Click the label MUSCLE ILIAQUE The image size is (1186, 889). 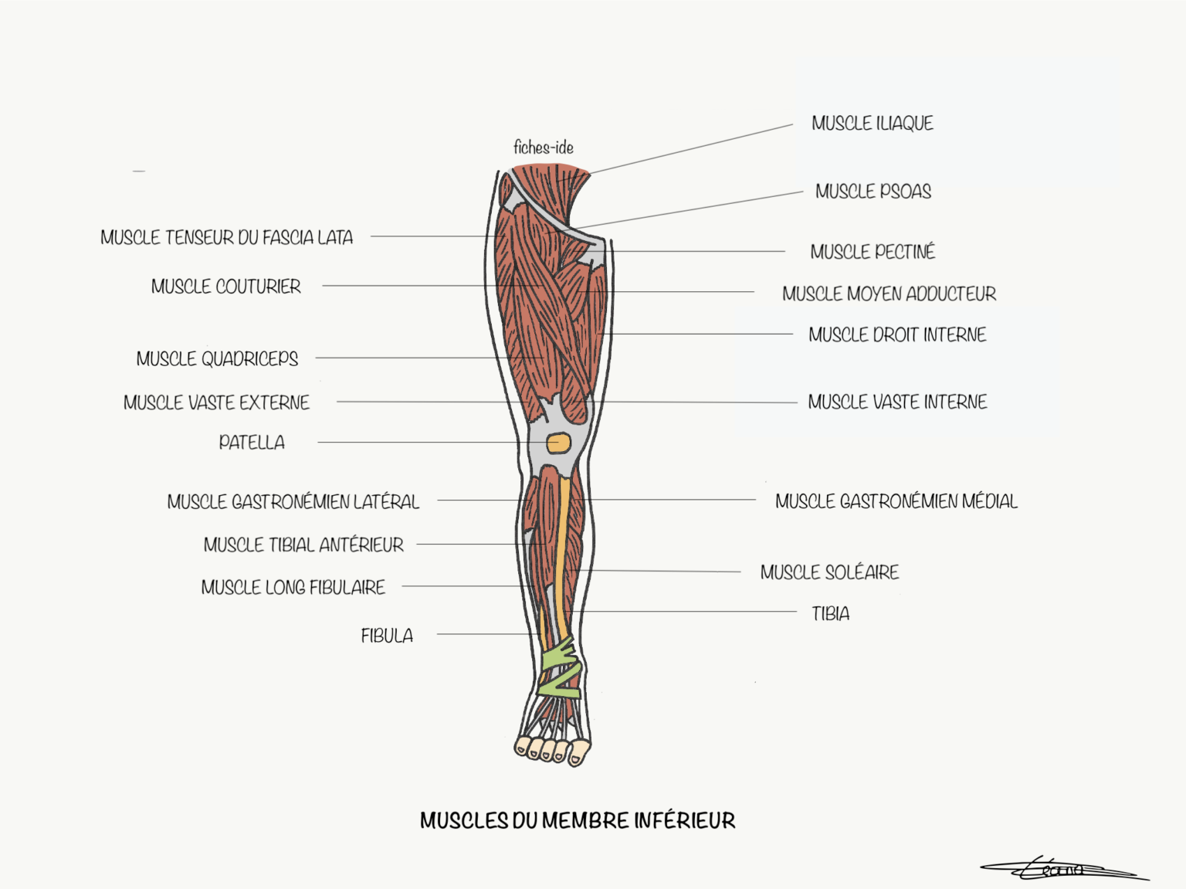pyautogui.click(x=872, y=124)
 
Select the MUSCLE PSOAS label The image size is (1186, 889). pyautogui.click(x=873, y=192)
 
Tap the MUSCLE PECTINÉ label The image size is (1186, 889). pyautogui.click(x=872, y=252)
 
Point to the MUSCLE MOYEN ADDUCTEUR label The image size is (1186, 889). pyautogui.click(x=889, y=294)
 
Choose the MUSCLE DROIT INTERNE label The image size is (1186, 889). pyautogui.click(x=896, y=335)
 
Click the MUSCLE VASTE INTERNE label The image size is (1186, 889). pyautogui.click(x=896, y=402)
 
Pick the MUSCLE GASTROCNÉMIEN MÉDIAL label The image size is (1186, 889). pyautogui.click(x=896, y=502)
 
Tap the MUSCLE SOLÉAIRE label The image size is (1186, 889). pyautogui.click(x=829, y=573)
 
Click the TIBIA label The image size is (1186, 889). pyautogui.click(x=830, y=614)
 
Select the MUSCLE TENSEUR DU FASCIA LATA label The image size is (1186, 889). pyautogui.click(x=226, y=238)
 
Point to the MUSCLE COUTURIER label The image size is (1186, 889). pyautogui.click(x=225, y=287)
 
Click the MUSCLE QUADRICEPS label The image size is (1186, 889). pyautogui.click(x=217, y=359)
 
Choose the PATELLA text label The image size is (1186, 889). pyautogui.click(x=252, y=443)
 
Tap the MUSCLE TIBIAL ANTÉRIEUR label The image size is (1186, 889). pyautogui.click(x=303, y=545)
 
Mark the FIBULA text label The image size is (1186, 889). pyautogui.click(x=387, y=636)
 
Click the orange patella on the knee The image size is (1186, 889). pyautogui.click(x=558, y=443)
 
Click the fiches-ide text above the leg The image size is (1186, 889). pyautogui.click(x=543, y=148)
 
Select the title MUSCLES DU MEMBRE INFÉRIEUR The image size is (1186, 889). pyautogui.click(x=577, y=820)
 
